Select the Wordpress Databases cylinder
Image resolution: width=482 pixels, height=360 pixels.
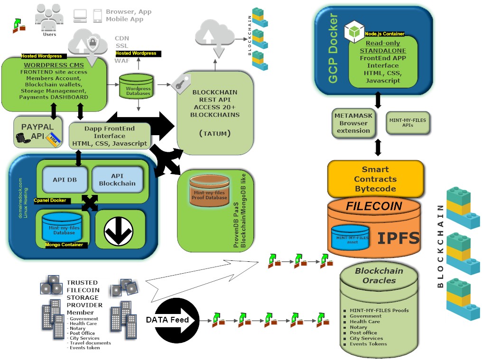(138, 87)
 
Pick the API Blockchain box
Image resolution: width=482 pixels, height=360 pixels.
(117, 180)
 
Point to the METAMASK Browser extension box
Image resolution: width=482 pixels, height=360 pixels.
(353, 123)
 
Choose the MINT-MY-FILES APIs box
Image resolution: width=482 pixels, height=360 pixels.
(408, 123)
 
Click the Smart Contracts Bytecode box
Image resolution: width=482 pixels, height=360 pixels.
(375, 179)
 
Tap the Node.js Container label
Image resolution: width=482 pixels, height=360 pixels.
(384, 34)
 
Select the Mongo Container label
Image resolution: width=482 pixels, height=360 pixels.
(66, 245)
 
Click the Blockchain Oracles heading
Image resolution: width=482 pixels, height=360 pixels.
(379, 276)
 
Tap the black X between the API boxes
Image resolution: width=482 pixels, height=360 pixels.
(90, 203)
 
